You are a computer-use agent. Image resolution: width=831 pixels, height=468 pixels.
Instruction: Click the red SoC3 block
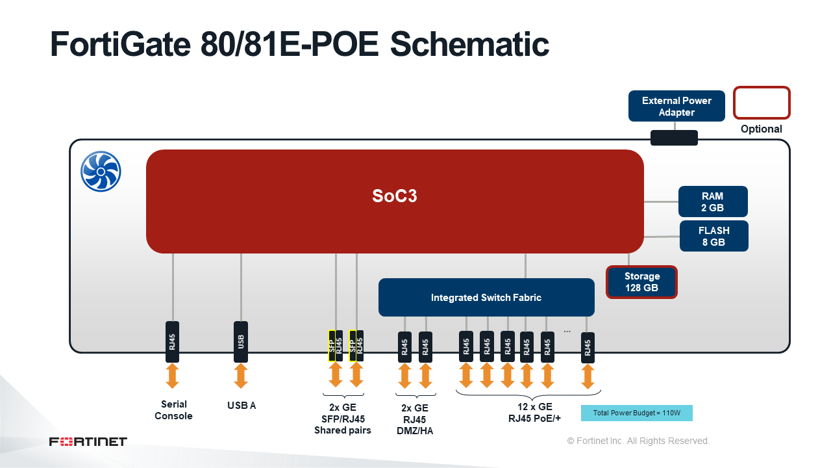pyautogui.click(x=395, y=201)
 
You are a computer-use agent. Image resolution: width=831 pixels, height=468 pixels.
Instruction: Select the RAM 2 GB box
pyautogui.click(x=713, y=201)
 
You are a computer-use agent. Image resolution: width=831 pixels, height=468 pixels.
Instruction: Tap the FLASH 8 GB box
pyautogui.click(x=713, y=236)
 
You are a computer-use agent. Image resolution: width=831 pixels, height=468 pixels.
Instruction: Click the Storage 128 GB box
pyautogui.click(x=641, y=282)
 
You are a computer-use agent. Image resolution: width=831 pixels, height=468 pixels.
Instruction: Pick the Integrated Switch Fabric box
pyautogui.click(x=486, y=298)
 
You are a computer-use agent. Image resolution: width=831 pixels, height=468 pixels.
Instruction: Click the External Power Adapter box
pyautogui.click(x=676, y=106)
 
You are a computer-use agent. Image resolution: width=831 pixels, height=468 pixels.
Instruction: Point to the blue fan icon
pyautogui.click(x=101, y=172)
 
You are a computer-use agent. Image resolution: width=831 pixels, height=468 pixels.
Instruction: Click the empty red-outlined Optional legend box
pyautogui.click(x=761, y=103)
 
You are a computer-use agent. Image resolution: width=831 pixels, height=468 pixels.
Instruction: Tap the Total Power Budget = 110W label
pyautogui.click(x=636, y=413)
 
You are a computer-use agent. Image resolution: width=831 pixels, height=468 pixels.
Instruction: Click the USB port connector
pyautogui.click(x=241, y=341)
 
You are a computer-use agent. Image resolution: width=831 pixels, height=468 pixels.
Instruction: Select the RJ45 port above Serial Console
pyautogui.click(x=173, y=341)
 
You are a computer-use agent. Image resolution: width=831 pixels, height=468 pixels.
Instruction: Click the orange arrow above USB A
pyautogui.click(x=241, y=376)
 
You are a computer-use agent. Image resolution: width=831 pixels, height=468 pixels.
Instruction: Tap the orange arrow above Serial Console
pyautogui.click(x=173, y=376)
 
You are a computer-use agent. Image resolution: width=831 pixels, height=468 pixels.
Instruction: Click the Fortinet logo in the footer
pyautogui.click(x=88, y=442)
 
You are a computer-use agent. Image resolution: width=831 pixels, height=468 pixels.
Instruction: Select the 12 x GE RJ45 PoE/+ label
pyautogui.click(x=534, y=413)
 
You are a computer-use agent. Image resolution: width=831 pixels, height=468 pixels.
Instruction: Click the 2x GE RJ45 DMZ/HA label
pyautogui.click(x=415, y=419)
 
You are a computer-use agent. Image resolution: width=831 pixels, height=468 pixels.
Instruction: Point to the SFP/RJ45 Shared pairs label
pyautogui.click(x=343, y=419)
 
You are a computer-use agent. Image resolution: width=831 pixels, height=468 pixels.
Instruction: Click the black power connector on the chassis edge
pyautogui.click(x=674, y=138)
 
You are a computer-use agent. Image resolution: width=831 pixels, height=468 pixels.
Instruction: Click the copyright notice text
pyautogui.click(x=638, y=441)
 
